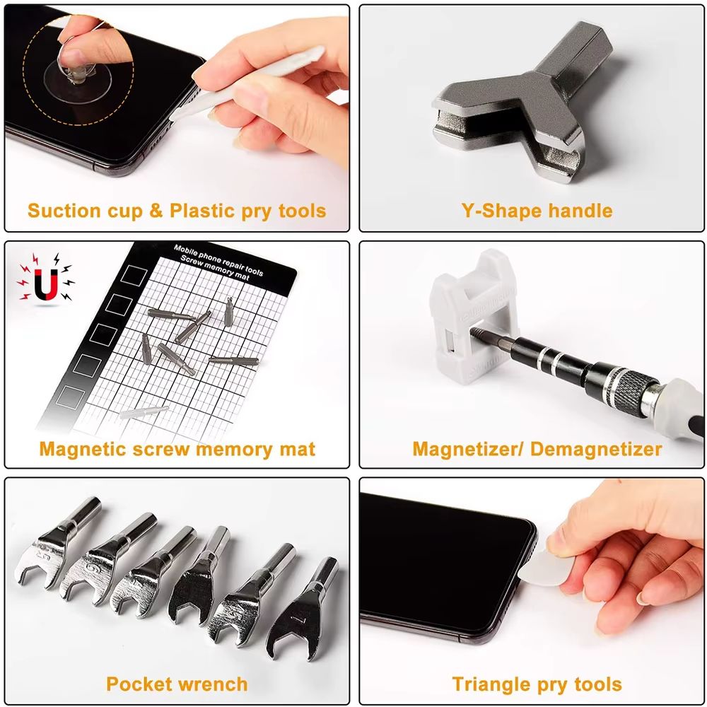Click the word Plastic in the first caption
click(x=200, y=211)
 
